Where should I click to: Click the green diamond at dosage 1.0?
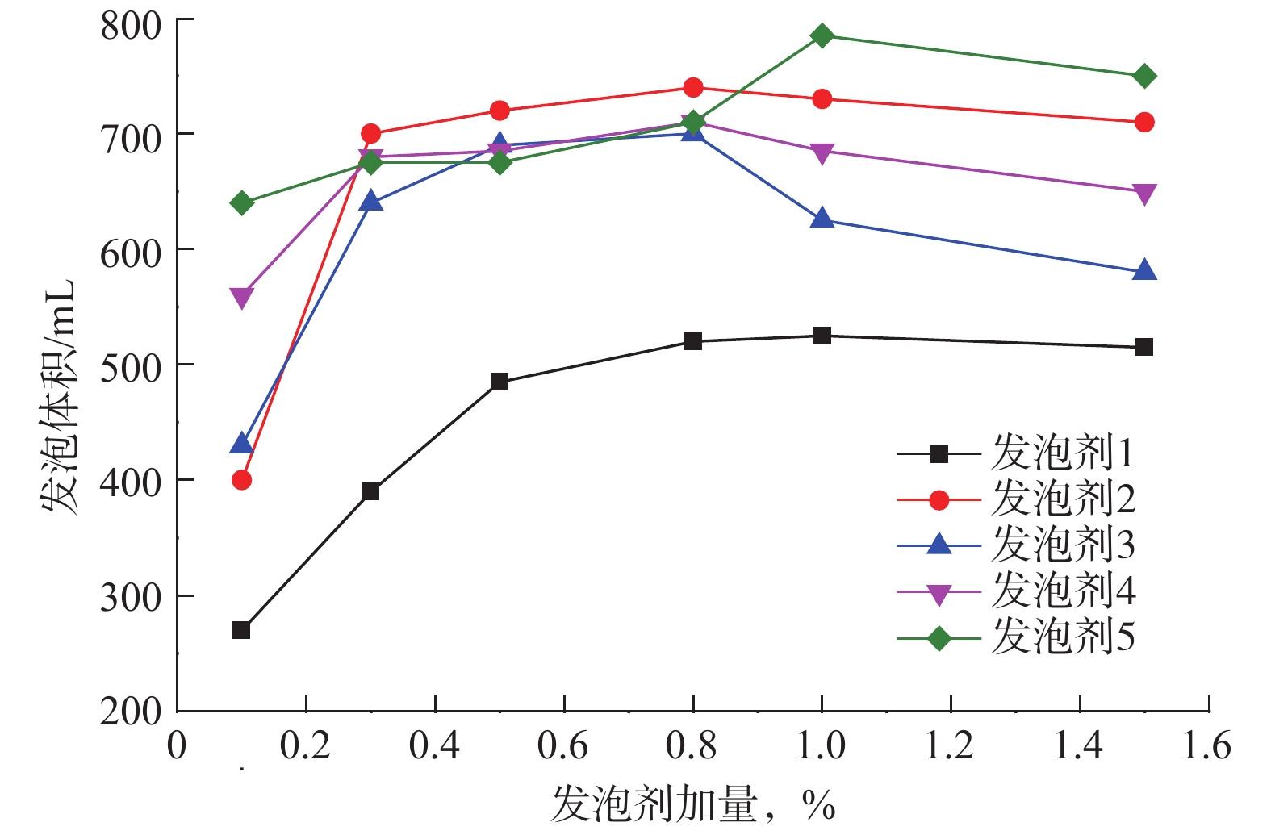[x=822, y=35]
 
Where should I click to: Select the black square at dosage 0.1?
[x=241, y=630]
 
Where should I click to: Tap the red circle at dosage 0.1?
[x=241, y=480]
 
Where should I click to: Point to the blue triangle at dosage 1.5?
[x=1143, y=271]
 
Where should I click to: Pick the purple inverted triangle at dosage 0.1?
[x=241, y=297]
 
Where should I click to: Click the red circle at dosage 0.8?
[x=692, y=87]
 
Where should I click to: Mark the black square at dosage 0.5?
[x=500, y=382]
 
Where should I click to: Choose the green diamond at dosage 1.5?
[x=1143, y=77]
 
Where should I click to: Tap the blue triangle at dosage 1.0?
[x=822, y=219]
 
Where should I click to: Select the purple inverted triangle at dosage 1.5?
[x=1143, y=194]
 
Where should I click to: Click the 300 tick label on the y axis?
[x=131, y=598]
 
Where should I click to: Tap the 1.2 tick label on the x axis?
[x=950, y=745]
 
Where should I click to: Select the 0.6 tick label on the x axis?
[x=563, y=745]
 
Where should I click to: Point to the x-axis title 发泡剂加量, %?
[x=692, y=804]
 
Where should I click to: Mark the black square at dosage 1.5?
[x=1143, y=347]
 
